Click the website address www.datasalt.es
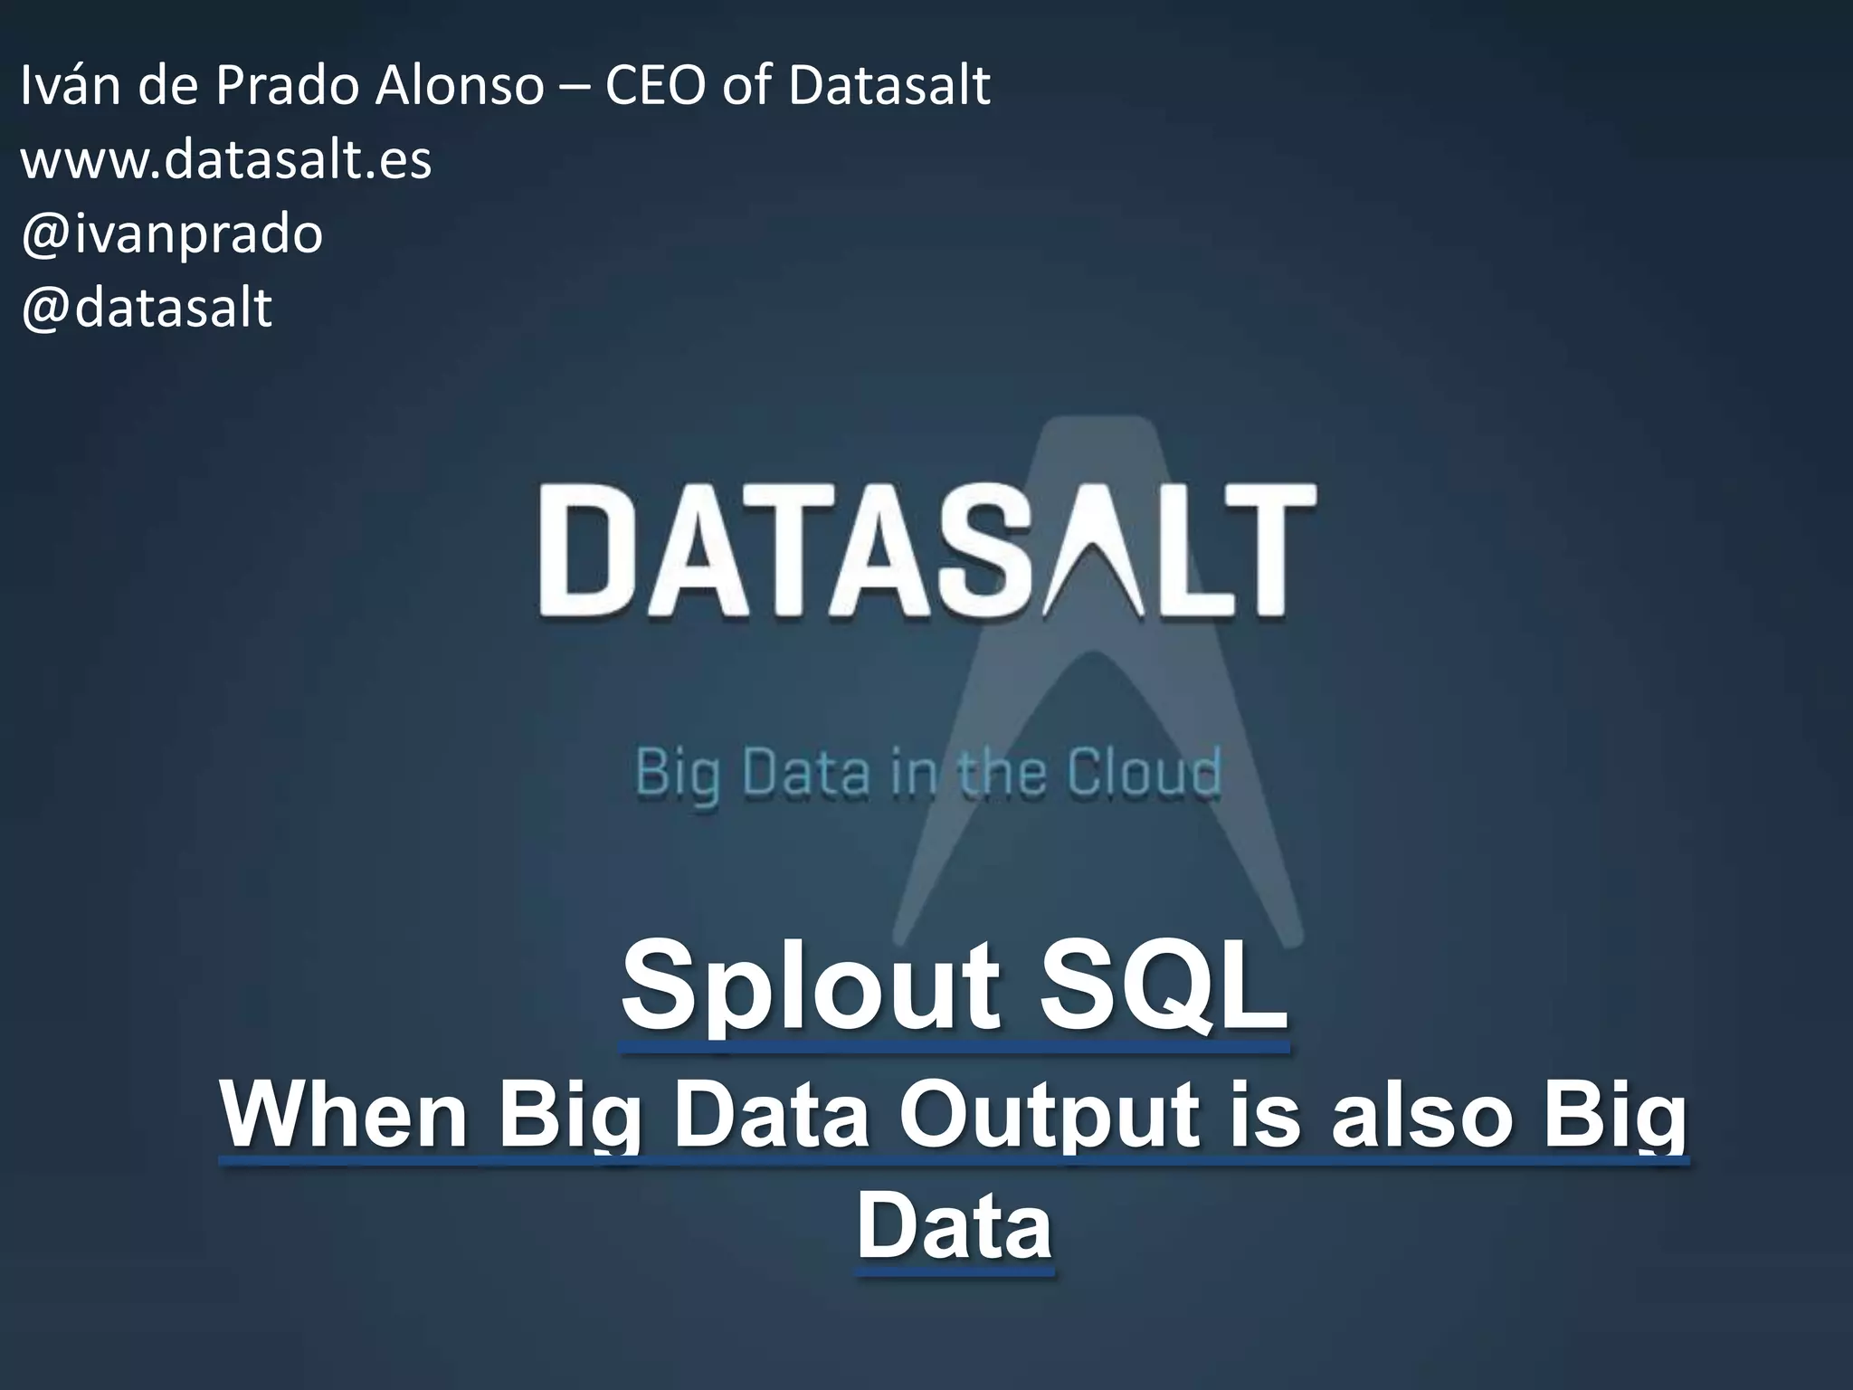pyautogui.click(x=226, y=161)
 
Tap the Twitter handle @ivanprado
pyautogui.click(x=172, y=234)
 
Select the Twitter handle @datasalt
pyautogui.click(x=147, y=309)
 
